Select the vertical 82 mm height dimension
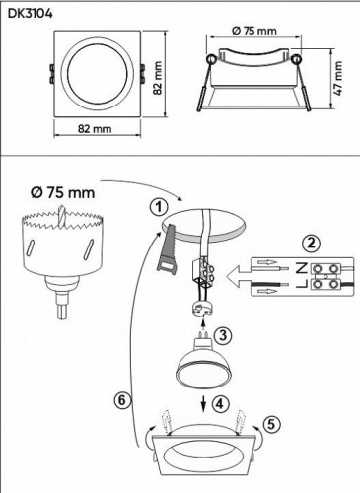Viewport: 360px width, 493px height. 156,75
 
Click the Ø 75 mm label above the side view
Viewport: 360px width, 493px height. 255,31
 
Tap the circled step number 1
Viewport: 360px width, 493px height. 154,207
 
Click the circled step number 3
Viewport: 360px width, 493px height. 224,335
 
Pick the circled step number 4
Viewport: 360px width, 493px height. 221,402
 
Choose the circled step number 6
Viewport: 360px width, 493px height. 119,400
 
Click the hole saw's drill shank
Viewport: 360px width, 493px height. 63,305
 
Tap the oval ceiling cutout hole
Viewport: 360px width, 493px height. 207,223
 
